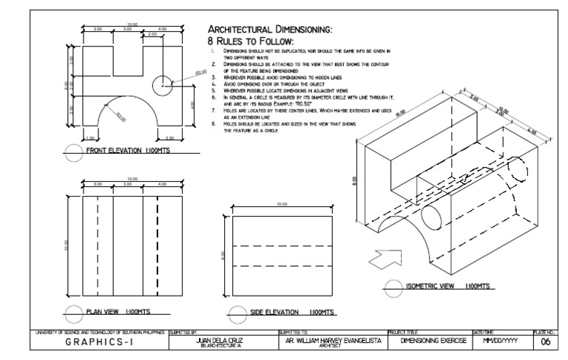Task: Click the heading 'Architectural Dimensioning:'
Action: [x=269, y=29]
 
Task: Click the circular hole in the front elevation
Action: [x=162, y=85]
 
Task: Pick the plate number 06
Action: [x=544, y=342]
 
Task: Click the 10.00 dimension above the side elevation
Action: [x=281, y=204]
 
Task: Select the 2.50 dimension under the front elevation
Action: [x=169, y=138]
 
